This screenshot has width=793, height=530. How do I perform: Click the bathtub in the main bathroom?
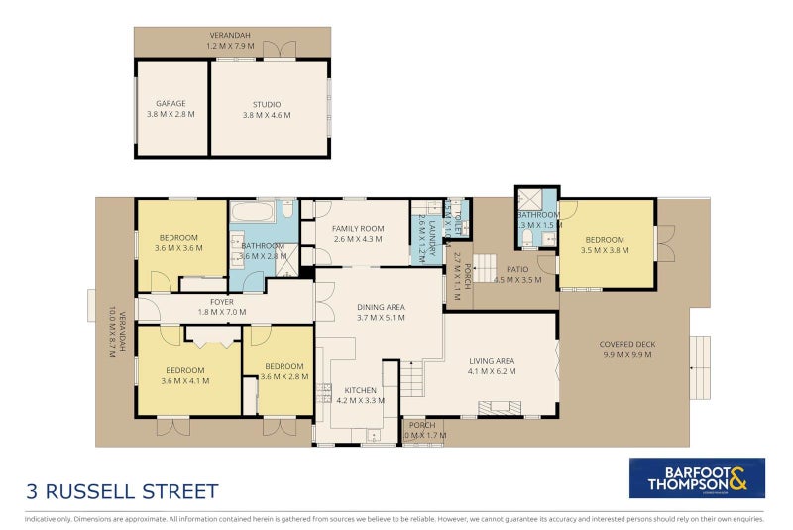(x=257, y=209)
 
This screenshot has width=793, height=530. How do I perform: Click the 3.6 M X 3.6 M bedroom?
(x=178, y=242)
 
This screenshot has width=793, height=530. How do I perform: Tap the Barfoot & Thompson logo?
(x=697, y=477)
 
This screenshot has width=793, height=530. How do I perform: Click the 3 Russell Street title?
(x=122, y=491)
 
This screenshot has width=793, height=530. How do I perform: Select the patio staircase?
(x=485, y=266)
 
